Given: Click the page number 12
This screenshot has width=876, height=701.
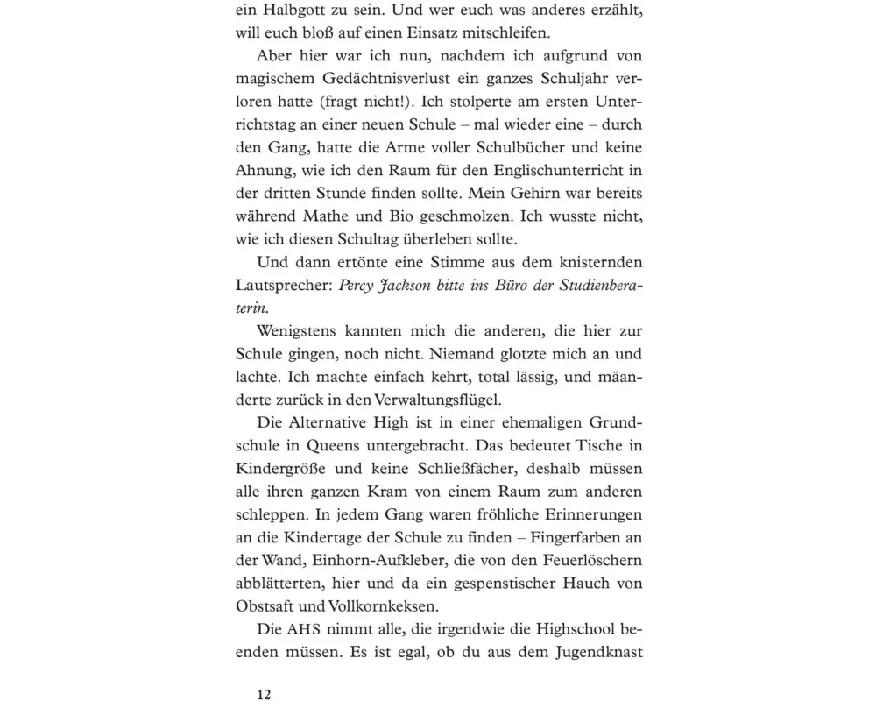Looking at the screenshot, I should click(264, 694).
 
